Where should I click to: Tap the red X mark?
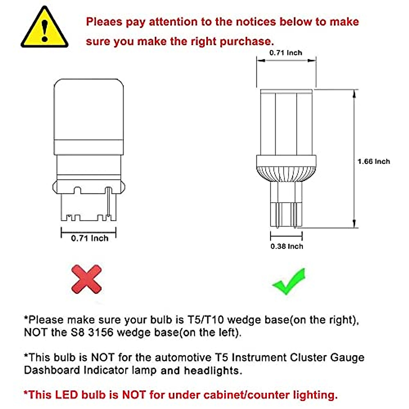[87, 279]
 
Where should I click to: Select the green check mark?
[289, 282]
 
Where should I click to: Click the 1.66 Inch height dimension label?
[374, 162]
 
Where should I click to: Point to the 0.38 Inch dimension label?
[287, 246]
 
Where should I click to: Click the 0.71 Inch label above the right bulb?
[286, 53]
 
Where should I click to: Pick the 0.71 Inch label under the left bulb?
[90, 238]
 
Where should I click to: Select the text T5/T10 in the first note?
[206, 320]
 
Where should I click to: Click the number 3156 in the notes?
[101, 332]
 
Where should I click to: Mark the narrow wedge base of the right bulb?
[286, 204]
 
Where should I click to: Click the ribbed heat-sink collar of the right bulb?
[286, 169]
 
